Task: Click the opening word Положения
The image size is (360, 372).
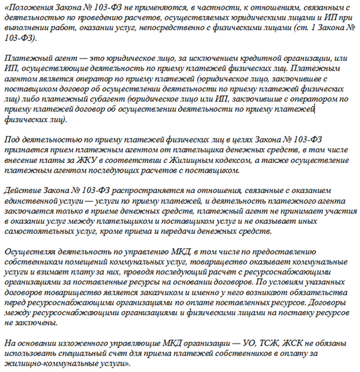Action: [x=28, y=7]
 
